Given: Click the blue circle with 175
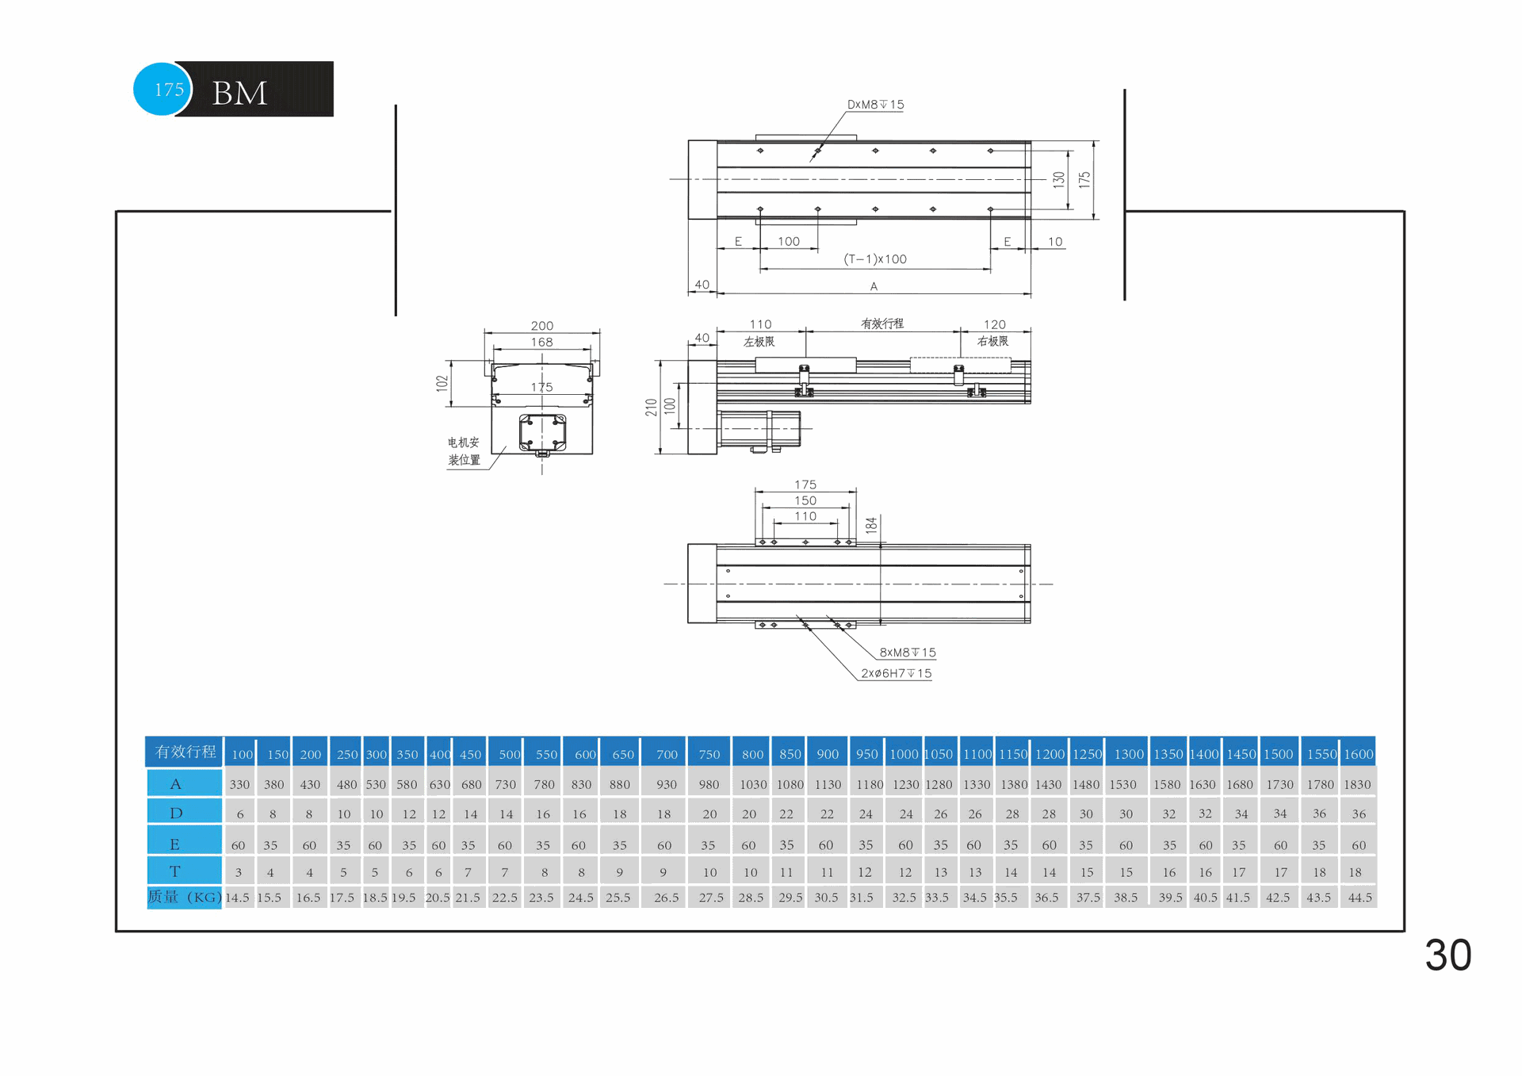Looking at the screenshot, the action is [x=163, y=89].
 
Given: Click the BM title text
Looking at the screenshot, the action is [x=239, y=94].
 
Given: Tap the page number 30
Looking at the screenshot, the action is [x=1447, y=955].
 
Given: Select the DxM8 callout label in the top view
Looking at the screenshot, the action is [x=875, y=105].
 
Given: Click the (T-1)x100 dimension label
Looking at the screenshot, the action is [x=875, y=259].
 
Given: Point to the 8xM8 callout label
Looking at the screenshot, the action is [x=908, y=653].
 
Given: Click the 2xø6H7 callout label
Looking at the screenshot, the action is [x=897, y=673].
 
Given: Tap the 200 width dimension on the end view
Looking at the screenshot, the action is [x=542, y=326].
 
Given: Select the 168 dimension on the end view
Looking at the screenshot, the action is [x=542, y=343].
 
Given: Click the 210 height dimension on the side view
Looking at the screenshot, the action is [x=652, y=408].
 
